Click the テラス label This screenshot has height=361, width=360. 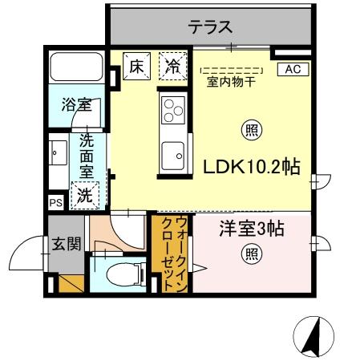(211, 27)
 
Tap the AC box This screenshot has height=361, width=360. (292, 69)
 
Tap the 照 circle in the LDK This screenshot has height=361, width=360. (250, 129)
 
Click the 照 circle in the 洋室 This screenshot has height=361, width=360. (250, 254)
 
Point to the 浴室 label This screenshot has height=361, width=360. (75, 105)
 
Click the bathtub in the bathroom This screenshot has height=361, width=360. (75, 67)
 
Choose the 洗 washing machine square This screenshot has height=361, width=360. (84, 193)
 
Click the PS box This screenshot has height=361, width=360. (55, 202)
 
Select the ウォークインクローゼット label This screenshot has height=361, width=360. (172, 251)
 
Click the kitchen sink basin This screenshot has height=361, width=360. (172, 152)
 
